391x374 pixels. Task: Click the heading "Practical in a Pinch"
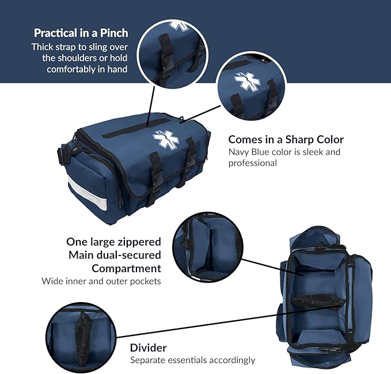pyautogui.click(x=81, y=33)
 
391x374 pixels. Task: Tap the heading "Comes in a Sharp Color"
pyautogui.click(x=286, y=140)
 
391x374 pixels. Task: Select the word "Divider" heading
pyautogui.click(x=148, y=348)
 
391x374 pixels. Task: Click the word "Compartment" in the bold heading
pyautogui.click(x=126, y=268)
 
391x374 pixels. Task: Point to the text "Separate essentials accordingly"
pyautogui.click(x=192, y=360)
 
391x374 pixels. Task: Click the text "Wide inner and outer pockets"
pyautogui.click(x=101, y=281)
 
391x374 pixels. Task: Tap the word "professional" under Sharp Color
pyautogui.click(x=253, y=163)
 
